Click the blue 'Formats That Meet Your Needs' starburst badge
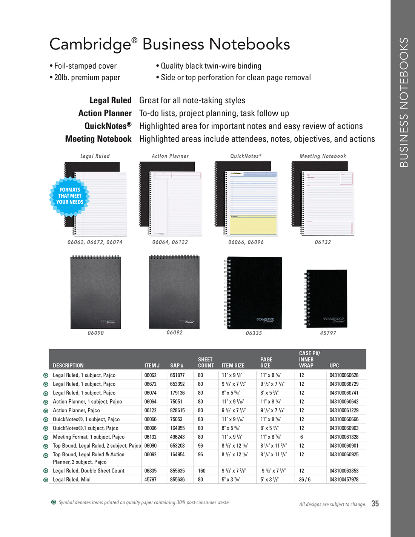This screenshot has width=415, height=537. pos(69,196)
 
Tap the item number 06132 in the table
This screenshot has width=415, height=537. pos(150,437)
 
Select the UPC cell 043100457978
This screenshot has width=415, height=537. pos(344,480)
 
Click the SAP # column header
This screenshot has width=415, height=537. pos(177,365)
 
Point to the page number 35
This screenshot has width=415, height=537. pos(375,503)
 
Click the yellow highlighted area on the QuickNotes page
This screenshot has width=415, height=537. pos(253,226)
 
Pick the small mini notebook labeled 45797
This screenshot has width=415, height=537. pos(327,298)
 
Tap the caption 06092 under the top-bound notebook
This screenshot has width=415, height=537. pos(174,333)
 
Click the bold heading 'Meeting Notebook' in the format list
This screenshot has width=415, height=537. pos(98,139)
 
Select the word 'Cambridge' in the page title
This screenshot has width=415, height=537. pos(90,44)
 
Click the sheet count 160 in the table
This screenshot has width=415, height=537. pos(202,471)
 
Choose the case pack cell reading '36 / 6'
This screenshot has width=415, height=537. pos(304,480)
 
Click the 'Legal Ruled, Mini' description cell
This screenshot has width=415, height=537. pos(72,480)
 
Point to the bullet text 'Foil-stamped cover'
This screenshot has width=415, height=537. pos(85,66)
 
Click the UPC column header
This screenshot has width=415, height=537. pos(334,365)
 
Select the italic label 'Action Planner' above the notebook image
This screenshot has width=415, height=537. pos(170,156)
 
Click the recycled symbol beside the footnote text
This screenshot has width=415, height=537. pos(54,502)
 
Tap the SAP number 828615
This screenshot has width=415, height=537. pos(177,410)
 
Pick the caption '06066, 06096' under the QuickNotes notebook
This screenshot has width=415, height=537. pos(246,242)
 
